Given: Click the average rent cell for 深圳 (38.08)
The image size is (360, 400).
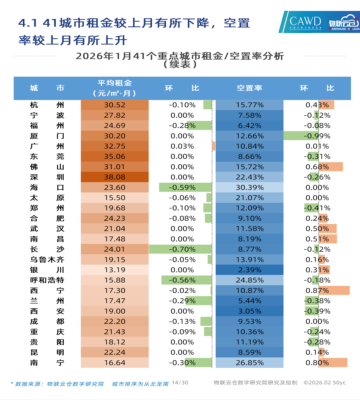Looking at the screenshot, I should (115, 177).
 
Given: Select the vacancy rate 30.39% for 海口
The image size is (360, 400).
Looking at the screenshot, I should (249, 187).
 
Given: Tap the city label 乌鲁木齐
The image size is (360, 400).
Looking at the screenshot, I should (47, 260).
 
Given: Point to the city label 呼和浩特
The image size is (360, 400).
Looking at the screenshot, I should (47, 280).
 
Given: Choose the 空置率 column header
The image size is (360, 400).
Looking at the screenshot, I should (249, 88).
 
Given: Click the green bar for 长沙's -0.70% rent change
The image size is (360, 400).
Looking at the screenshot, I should (180, 249).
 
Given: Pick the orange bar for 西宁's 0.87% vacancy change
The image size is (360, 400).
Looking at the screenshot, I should (334, 290).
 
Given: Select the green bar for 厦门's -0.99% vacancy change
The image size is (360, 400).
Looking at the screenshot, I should (301, 136).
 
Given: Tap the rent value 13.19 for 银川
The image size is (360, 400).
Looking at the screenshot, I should (115, 270).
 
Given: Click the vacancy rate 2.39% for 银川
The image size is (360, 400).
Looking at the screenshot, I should (249, 270).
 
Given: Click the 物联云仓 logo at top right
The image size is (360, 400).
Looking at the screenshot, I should (343, 22).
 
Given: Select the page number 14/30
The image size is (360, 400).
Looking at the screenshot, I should (180, 383).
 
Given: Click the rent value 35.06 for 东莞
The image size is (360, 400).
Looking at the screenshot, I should (115, 156).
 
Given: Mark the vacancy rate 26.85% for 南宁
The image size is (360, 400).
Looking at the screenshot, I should (249, 363).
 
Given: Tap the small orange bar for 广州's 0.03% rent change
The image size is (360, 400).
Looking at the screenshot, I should (214, 146).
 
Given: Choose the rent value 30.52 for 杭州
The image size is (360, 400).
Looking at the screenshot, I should (115, 105).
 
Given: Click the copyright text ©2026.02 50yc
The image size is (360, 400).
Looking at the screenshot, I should (324, 383).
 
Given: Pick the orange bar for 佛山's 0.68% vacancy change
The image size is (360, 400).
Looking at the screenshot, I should (331, 167).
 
